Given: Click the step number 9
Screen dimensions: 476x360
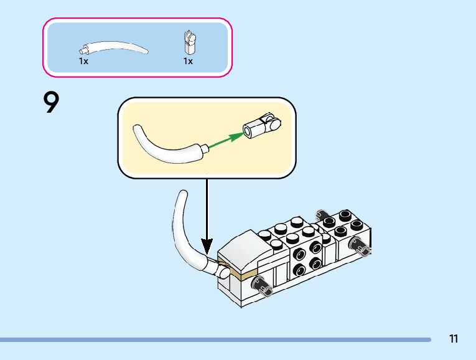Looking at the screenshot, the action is click(52, 103).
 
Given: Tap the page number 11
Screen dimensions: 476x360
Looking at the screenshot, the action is click(453, 339).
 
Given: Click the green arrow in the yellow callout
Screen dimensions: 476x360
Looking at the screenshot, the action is click(225, 140).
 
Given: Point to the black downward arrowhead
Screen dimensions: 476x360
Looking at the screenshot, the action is click(207, 246).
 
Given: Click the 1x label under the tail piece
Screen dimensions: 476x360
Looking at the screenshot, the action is click(83, 62).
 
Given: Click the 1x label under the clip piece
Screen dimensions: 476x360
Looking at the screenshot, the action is click(187, 62).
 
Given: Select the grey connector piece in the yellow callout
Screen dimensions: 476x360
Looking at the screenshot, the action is click(261, 125).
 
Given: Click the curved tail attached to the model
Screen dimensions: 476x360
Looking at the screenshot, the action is click(180, 230).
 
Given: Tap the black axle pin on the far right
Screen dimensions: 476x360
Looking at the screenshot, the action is click(362, 248).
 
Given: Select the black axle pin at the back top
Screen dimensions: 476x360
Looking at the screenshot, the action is click(322, 214).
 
